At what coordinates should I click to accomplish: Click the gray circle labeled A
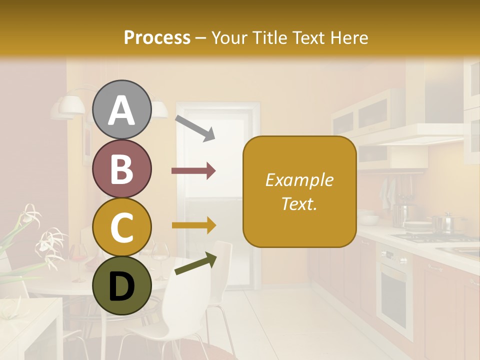(x=122, y=110)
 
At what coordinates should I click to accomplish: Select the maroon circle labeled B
(x=122, y=168)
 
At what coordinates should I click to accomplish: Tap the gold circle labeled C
(x=122, y=227)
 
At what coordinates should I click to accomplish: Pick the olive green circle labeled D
(x=122, y=285)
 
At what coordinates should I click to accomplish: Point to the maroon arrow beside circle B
(x=193, y=171)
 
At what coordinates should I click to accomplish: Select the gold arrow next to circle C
(x=193, y=226)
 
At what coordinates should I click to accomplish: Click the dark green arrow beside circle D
(x=196, y=264)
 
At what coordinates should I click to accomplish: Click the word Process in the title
(x=157, y=37)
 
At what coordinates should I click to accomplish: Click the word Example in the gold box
(x=299, y=180)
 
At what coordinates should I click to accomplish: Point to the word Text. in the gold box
(x=299, y=203)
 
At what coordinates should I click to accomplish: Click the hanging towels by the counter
(x=387, y=192)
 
